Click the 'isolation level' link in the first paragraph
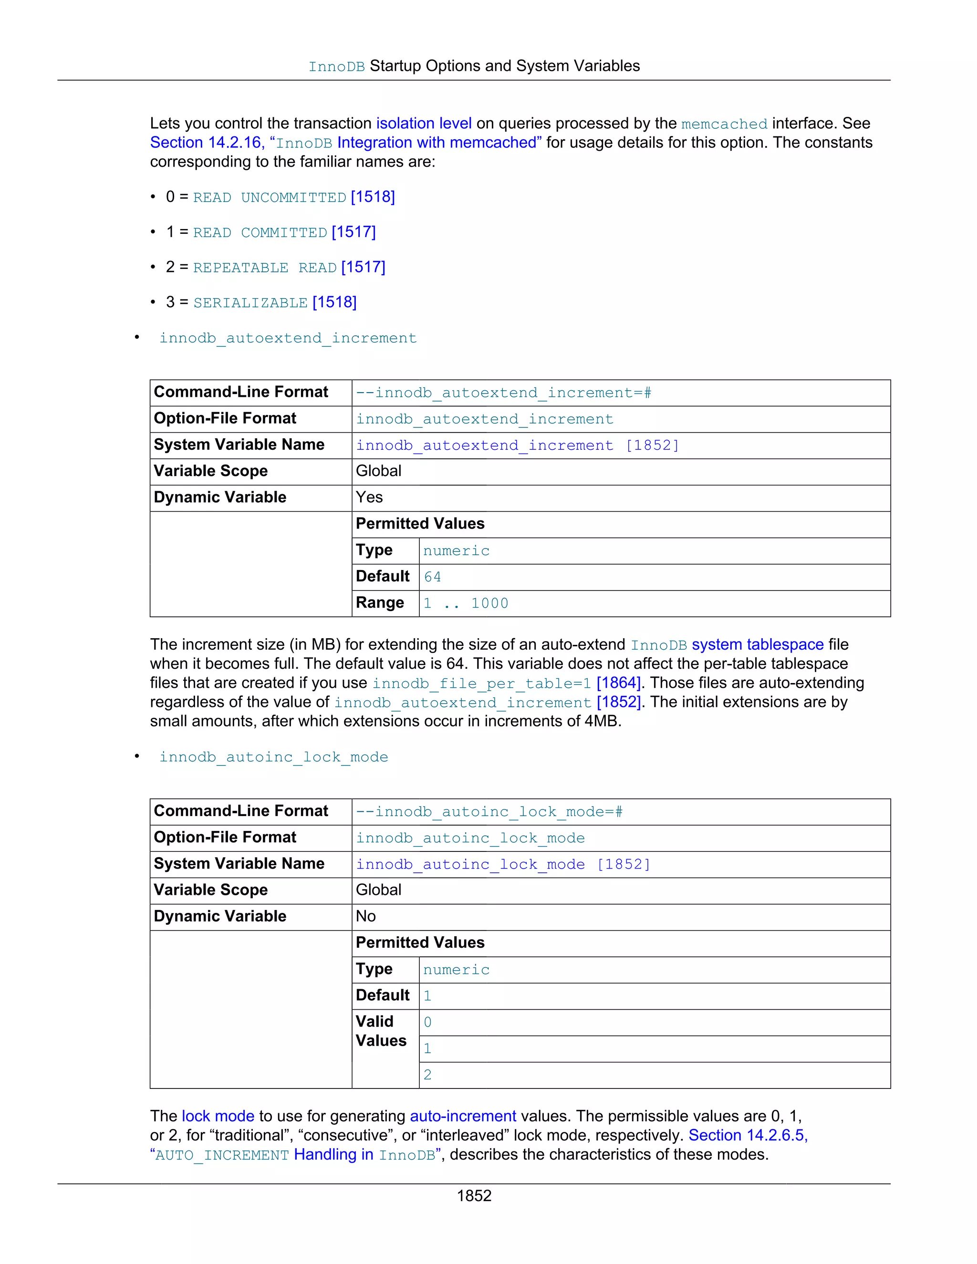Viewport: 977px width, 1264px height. pyautogui.click(x=424, y=123)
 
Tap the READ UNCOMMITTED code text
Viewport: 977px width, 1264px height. pyautogui.click(x=269, y=197)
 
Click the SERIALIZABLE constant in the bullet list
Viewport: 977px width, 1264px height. pyautogui.click(x=250, y=303)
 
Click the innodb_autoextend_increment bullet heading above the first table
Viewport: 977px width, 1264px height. pyautogui.click(x=288, y=338)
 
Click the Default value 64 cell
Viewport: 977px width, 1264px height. pyautogui.click(x=432, y=577)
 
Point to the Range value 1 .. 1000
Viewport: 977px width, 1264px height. pyautogui.click(x=465, y=603)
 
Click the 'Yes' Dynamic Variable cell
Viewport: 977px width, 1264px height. pyautogui.click(x=369, y=497)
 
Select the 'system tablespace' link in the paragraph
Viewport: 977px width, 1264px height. pyautogui.click(x=757, y=644)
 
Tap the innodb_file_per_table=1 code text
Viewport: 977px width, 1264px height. pyautogui.click(x=481, y=684)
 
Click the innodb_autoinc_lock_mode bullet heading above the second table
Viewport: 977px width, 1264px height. pyautogui.click(x=273, y=757)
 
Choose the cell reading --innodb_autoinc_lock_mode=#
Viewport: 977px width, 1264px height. pyautogui.click(x=488, y=812)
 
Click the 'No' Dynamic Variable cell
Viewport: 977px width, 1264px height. pyautogui.click(x=366, y=916)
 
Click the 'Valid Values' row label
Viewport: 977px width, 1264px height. pyautogui.click(x=380, y=1031)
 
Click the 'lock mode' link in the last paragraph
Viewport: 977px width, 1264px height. pyautogui.click(x=218, y=1116)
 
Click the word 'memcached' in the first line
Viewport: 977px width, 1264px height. pyautogui.click(x=724, y=124)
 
